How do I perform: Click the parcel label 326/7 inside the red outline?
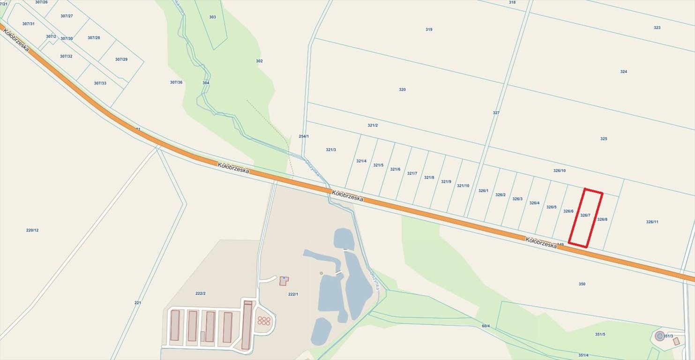[585, 215]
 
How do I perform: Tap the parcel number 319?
[429, 30]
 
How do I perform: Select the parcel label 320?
[402, 90]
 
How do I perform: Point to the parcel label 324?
[623, 72]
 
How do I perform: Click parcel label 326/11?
[652, 222]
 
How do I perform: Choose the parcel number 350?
[582, 284]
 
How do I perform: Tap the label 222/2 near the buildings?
[201, 293]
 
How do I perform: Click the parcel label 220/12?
[32, 230]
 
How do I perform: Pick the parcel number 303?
[212, 17]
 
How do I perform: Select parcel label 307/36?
[176, 82]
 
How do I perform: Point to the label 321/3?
[331, 150]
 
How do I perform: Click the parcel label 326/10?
[559, 171]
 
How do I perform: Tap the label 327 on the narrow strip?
[496, 113]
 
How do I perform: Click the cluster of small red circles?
[264, 321]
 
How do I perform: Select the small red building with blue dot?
[284, 281]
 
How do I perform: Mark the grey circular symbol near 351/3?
[660, 336]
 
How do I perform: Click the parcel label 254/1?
[304, 136]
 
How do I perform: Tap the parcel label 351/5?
[600, 334]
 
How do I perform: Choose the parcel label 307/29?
[121, 60]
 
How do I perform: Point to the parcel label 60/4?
[486, 326]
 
